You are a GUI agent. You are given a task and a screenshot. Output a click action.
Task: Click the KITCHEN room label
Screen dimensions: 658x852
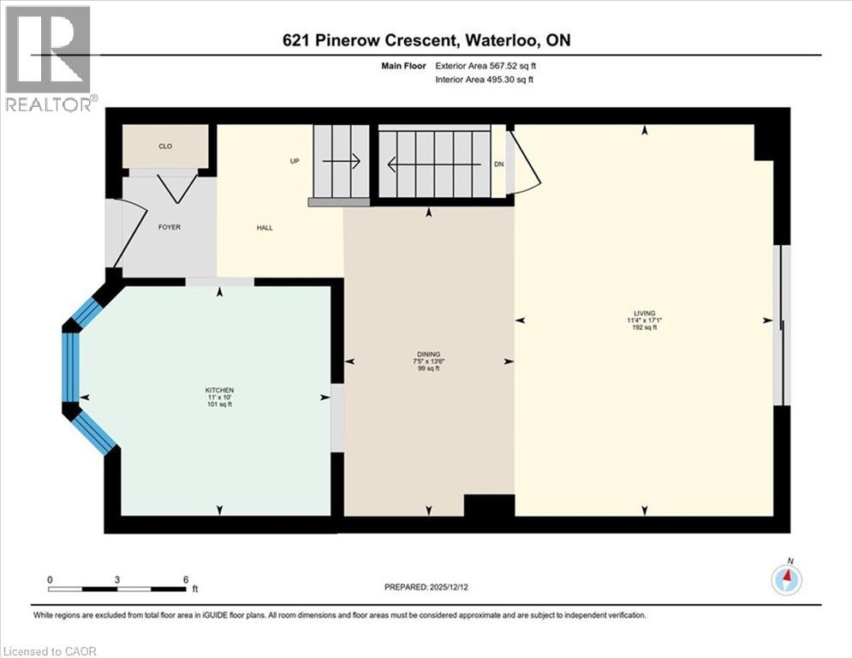[x=219, y=390]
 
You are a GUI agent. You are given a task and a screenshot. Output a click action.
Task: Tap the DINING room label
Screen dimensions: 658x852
[x=428, y=354]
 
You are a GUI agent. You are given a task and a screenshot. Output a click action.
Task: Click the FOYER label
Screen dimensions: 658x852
[x=169, y=228]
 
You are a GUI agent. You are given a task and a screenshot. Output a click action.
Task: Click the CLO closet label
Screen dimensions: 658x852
[x=165, y=147]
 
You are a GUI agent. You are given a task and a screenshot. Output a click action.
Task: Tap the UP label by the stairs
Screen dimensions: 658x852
[x=293, y=161]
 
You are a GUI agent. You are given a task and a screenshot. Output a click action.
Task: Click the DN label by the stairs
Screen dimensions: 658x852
[x=500, y=164]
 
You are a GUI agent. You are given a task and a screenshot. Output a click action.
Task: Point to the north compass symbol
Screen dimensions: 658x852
[x=786, y=579]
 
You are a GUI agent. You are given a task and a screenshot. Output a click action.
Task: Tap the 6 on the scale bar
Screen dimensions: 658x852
[x=186, y=580]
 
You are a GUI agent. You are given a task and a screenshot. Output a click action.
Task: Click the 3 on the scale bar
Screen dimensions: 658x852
[x=117, y=580]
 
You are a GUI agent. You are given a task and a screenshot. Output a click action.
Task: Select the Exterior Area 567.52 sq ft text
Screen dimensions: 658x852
[x=491, y=65]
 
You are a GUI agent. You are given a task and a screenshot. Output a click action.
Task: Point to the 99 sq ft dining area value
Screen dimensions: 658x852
[x=428, y=368]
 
